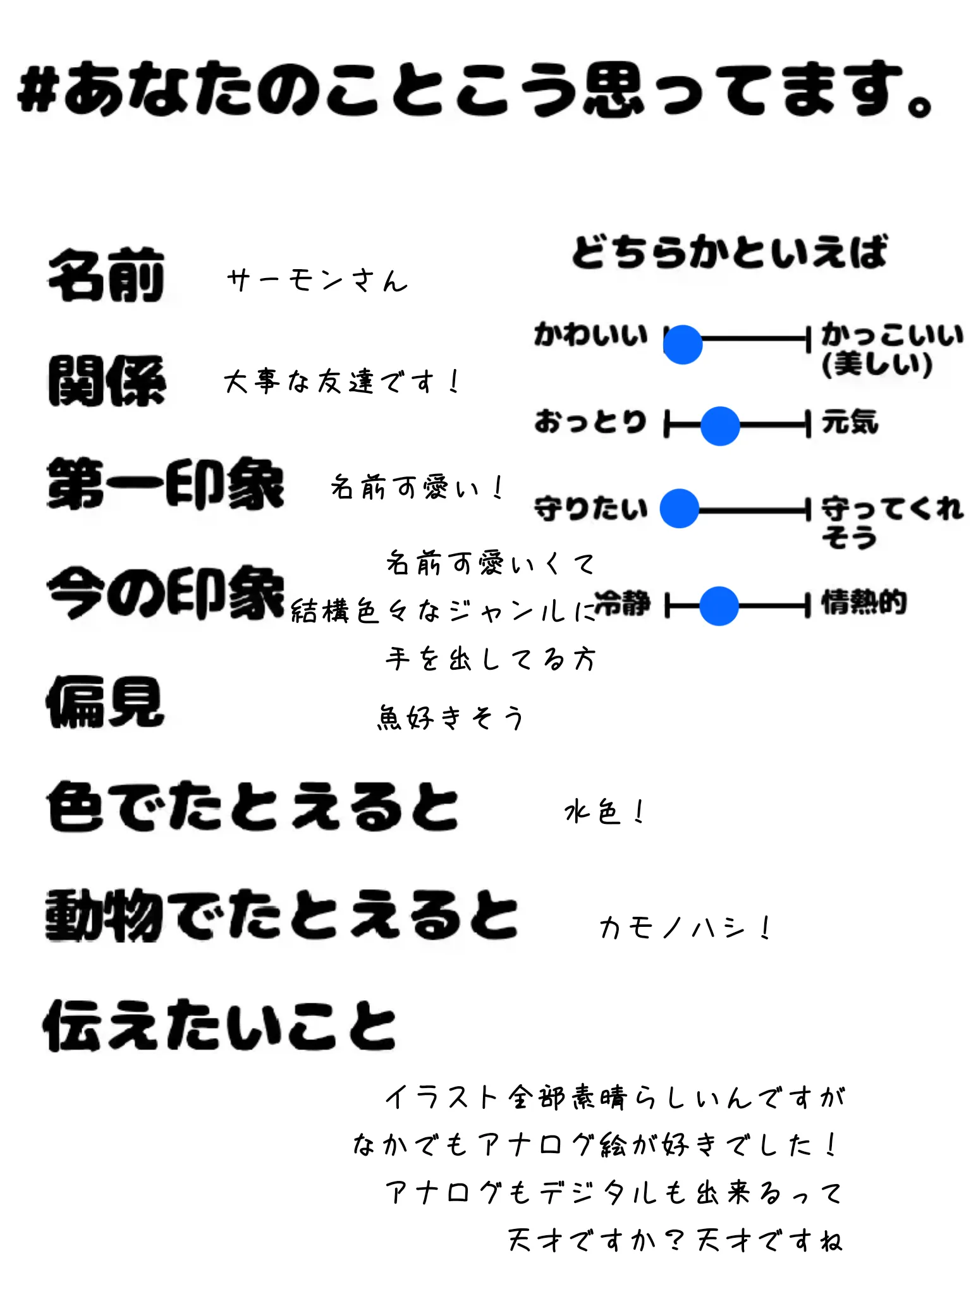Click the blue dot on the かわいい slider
(x=683, y=344)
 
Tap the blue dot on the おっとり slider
(x=720, y=426)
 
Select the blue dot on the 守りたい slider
(x=680, y=508)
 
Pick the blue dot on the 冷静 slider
(x=719, y=605)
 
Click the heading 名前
(x=106, y=275)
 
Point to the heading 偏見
(x=105, y=701)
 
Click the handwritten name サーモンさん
(x=317, y=280)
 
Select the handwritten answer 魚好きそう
(x=450, y=717)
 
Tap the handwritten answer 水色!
(x=604, y=811)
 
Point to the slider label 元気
(x=850, y=421)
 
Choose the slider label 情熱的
(x=864, y=602)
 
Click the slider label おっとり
(x=590, y=421)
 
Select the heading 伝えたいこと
(x=219, y=1025)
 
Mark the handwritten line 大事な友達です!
(x=341, y=382)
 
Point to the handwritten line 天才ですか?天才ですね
(x=675, y=1240)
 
